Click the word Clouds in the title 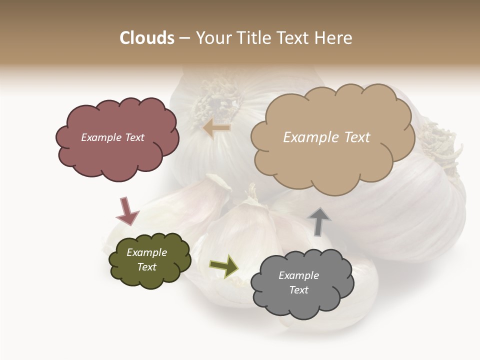pyautogui.click(x=147, y=38)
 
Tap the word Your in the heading pyautogui.click(x=212, y=38)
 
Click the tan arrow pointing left pyautogui.click(x=216, y=128)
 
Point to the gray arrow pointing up pyautogui.click(x=319, y=221)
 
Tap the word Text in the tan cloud pyautogui.click(x=355, y=137)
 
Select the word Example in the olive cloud pyautogui.click(x=146, y=252)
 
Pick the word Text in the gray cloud pyautogui.click(x=298, y=290)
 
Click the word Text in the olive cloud pyautogui.click(x=146, y=267)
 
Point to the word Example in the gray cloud pyautogui.click(x=298, y=275)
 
